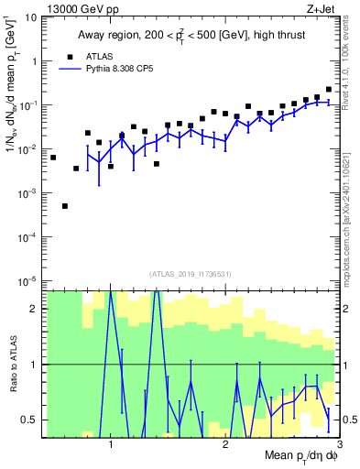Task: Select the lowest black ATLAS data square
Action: [65, 206]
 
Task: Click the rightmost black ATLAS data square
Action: [329, 90]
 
